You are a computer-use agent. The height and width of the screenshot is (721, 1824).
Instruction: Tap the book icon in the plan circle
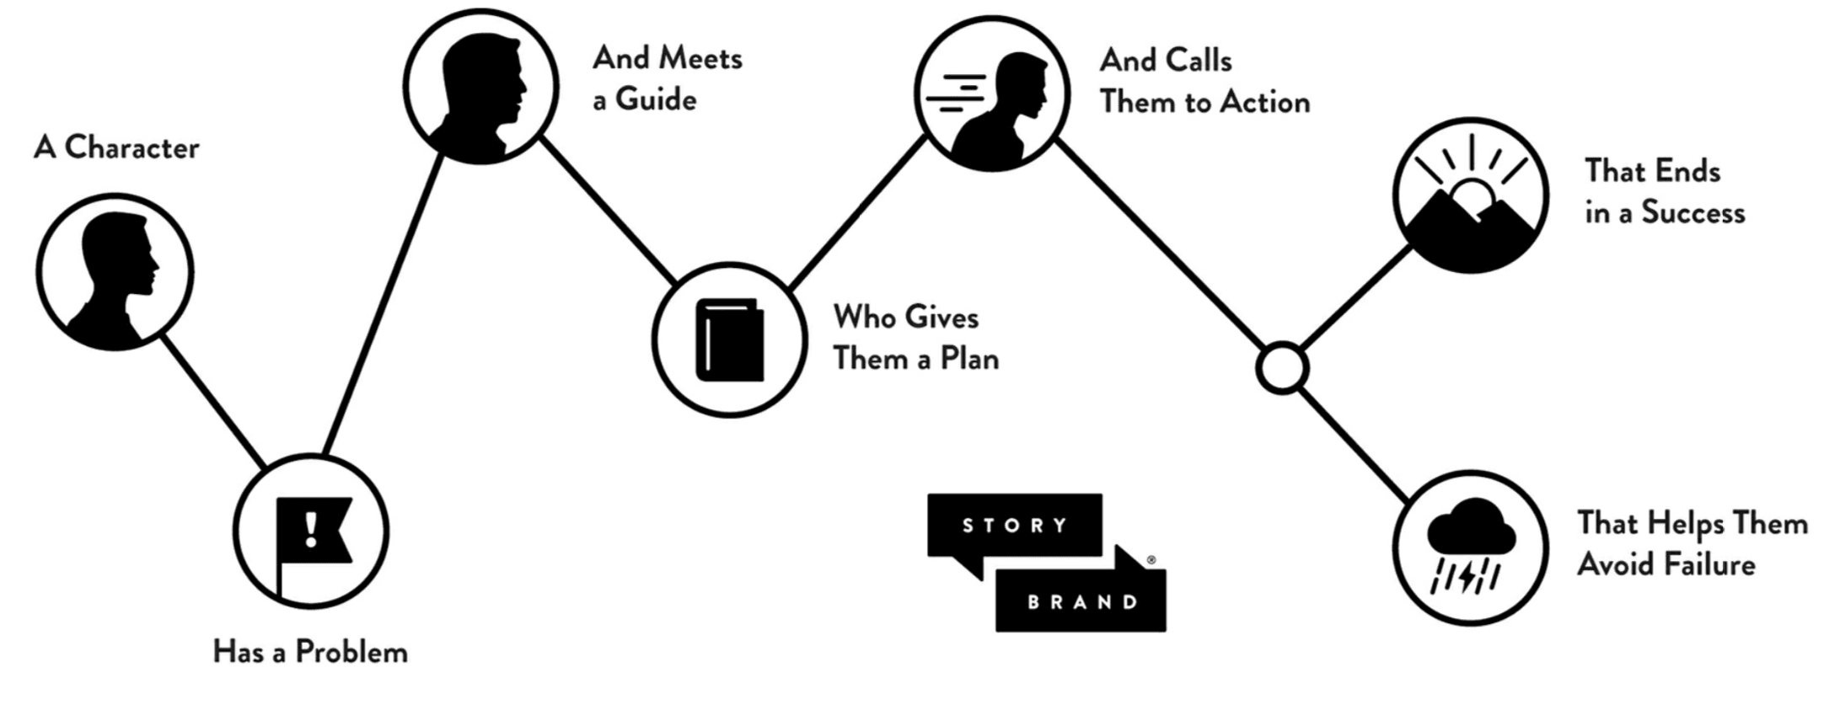point(729,340)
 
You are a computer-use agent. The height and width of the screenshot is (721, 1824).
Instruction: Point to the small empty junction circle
point(1281,368)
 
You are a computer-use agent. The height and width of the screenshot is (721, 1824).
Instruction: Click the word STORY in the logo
point(1015,526)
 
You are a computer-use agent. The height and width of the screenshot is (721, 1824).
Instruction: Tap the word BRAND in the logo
point(1083,602)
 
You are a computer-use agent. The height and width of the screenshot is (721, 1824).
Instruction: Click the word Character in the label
point(131,148)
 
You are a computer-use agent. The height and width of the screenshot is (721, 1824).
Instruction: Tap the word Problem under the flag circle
point(351,653)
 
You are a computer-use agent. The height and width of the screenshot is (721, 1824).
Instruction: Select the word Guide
point(656,99)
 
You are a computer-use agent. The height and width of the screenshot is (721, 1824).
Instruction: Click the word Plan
point(969,360)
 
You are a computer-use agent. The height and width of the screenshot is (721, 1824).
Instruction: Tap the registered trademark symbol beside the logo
point(1151,559)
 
